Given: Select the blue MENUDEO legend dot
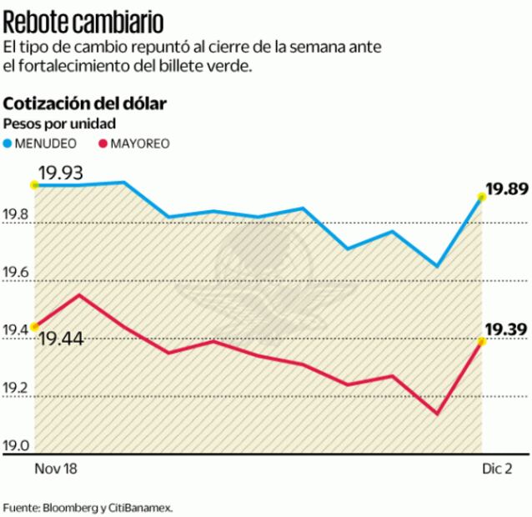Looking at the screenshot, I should [9, 143].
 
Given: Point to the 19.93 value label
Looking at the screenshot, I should [64, 173].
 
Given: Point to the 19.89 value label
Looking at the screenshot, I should [507, 190].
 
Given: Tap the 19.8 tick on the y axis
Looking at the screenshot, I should [18, 216].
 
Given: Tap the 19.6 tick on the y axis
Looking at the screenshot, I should [18, 274].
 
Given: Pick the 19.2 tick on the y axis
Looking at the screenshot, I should [18, 389].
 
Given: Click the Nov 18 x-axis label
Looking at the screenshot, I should [55, 469].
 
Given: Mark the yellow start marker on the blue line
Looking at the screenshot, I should [33, 184].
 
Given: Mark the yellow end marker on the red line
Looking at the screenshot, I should [482, 341].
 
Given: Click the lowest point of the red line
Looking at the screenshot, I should [436, 413].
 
